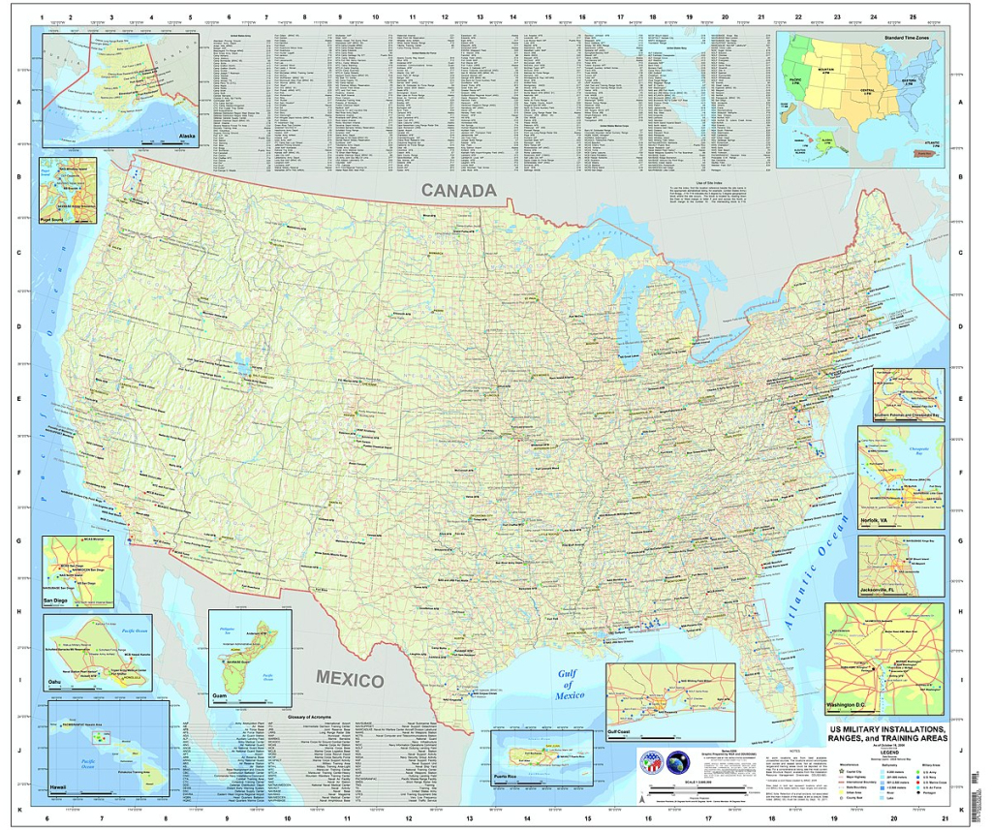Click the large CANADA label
click(458, 191)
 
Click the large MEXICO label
click(350, 680)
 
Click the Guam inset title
click(220, 696)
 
